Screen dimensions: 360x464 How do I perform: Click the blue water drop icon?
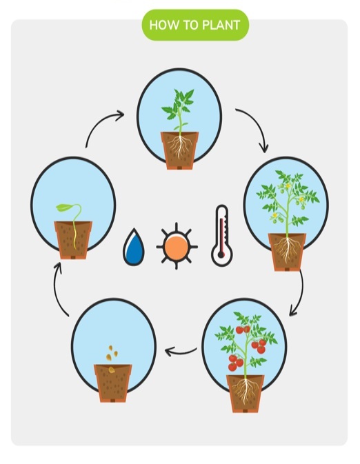click(x=134, y=247)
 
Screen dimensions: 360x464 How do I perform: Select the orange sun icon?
click(x=177, y=246)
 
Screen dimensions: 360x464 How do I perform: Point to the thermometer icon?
click(x=222, y=235)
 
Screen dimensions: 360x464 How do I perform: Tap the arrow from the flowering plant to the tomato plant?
click(x=301, y=293)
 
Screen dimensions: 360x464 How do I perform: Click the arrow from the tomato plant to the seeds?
click(x=181, y=352)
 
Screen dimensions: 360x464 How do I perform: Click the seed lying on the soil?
click(x=112, y=370)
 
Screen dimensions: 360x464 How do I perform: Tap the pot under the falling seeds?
click(x=113, y=383)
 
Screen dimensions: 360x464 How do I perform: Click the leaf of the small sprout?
click(x=63, y=208)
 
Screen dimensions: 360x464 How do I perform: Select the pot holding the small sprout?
click(x=73, y=240)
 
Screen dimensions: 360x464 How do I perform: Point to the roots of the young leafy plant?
click(x=180, y=146)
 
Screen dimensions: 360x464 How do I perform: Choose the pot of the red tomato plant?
click(x=245, y=394)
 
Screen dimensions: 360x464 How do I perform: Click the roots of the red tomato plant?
click(x=245, y=390)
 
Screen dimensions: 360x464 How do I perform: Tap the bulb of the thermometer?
click(x=221, y=254)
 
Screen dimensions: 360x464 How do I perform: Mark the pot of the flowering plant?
click(x=287, y=252)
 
